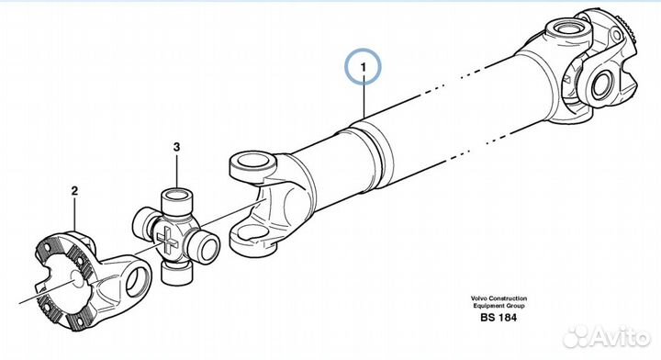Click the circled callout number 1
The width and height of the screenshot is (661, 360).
pos(363,67)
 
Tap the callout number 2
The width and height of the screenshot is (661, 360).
pos(74,191)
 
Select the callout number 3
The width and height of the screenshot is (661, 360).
pos(176,147)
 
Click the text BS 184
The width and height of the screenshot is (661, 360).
pos(499,318)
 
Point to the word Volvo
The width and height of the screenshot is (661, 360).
pos(479,298)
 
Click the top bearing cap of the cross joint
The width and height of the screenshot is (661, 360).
pos(177,200)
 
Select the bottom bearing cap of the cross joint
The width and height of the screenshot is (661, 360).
pos(176,273)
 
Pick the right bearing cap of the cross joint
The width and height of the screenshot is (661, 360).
pos(206,246)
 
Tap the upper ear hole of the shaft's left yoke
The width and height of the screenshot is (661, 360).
pos(252,161)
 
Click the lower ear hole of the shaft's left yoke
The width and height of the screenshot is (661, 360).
pos(251,233)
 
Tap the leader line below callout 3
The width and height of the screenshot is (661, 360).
pos(176,172)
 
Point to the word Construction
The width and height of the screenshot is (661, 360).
pos(508,298)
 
